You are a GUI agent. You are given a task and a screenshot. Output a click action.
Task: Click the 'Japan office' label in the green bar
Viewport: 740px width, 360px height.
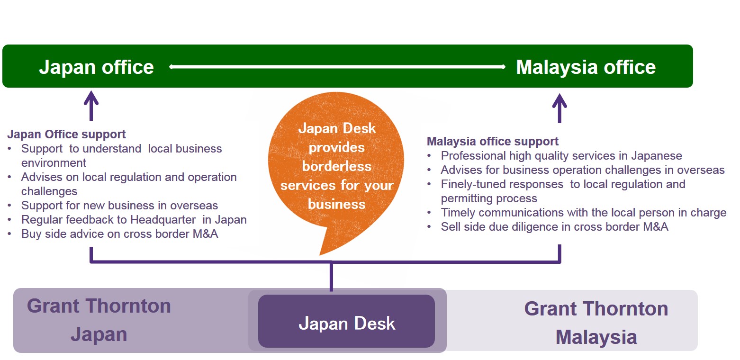coord(97,67)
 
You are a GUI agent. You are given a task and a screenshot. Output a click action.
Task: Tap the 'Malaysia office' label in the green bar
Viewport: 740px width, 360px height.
coord(586,67)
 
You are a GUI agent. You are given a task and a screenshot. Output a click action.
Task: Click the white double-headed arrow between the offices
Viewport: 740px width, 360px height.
coord(337,67)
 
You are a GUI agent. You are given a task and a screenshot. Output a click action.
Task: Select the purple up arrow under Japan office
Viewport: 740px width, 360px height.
coord(91,106)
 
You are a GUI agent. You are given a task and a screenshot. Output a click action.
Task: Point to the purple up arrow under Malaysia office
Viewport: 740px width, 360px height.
coord(560,108)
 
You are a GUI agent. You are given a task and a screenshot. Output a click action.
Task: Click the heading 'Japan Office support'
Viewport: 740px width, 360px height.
coord(66,135)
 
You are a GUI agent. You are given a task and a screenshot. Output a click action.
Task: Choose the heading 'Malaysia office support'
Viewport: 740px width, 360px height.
coord(493,141)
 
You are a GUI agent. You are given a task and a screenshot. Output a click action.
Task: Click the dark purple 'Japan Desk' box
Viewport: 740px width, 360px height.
coord(346,321)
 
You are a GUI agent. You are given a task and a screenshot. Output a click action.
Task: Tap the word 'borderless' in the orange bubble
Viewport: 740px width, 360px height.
coord(337,166)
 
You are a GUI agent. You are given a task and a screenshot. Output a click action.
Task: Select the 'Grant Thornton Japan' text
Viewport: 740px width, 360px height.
coord(99,320)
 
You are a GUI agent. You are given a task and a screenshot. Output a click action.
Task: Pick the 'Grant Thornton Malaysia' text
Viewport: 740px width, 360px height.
coord(596,323)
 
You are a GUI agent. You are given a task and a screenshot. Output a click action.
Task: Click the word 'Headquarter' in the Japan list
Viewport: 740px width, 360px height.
coord(163,220)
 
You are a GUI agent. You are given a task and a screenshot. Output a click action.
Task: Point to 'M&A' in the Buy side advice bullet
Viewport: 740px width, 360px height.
coord(206,234)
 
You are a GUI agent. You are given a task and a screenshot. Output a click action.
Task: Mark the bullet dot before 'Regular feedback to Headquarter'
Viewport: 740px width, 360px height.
coord(9,220)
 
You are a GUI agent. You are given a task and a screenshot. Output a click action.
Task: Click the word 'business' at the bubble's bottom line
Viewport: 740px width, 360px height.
coord(337,204)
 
